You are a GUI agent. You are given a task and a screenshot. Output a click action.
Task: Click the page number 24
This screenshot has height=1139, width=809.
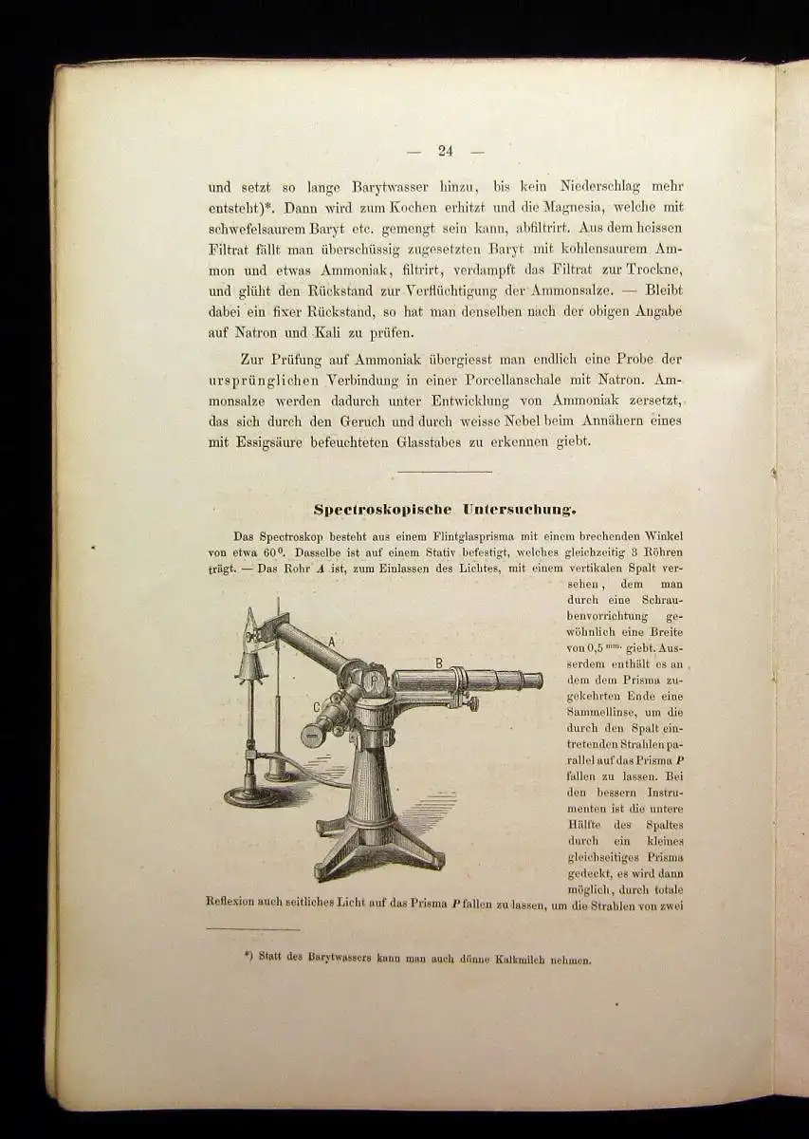(447, 150)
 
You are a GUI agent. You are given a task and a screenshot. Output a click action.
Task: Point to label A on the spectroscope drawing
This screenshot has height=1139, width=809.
(332, 642)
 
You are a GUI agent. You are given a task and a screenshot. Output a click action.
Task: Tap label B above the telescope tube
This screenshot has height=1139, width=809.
(438, 663)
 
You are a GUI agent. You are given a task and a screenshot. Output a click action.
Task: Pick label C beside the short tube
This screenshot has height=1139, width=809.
(316, 705)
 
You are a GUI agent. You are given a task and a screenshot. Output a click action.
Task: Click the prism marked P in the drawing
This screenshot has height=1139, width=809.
(374, 679)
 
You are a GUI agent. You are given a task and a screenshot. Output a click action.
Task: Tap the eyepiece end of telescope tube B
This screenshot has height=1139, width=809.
(533, 681)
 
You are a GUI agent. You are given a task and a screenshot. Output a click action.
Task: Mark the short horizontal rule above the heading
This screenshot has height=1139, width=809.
(444, 472)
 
